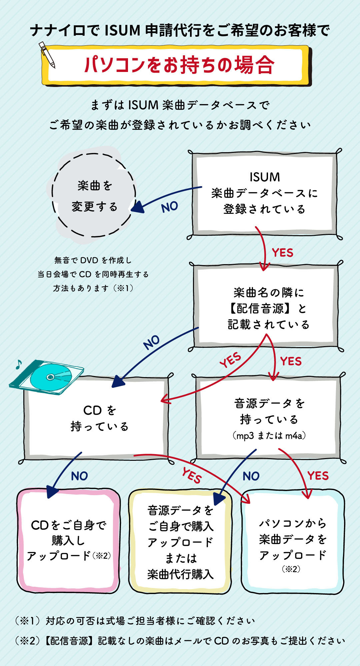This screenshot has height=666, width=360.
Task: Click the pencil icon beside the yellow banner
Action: [x=47, y=54]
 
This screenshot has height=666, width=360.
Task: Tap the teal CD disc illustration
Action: [x=51, y=377]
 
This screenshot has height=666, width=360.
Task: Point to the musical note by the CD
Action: [x=19, y=364]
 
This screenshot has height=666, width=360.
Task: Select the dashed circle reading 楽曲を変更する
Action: [x=94, y=196]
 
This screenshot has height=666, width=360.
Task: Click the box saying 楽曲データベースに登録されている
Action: [x=265, y=193]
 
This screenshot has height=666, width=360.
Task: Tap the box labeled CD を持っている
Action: [x=99, y=418]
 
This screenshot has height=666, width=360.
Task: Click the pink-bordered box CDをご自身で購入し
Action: [x=68, y=540]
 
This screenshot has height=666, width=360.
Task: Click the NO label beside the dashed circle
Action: [x=169, y=207]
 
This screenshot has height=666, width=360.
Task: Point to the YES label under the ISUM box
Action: [x=283, y=253]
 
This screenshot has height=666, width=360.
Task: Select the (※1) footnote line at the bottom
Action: [x=135, y=621]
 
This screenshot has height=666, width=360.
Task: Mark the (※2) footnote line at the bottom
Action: [x=180, y=641]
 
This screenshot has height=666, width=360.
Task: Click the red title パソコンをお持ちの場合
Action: [x=179, y=65]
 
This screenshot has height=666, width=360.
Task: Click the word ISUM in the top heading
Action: [x=122, y=31]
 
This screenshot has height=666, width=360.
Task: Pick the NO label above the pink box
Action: [x=79, y=476]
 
